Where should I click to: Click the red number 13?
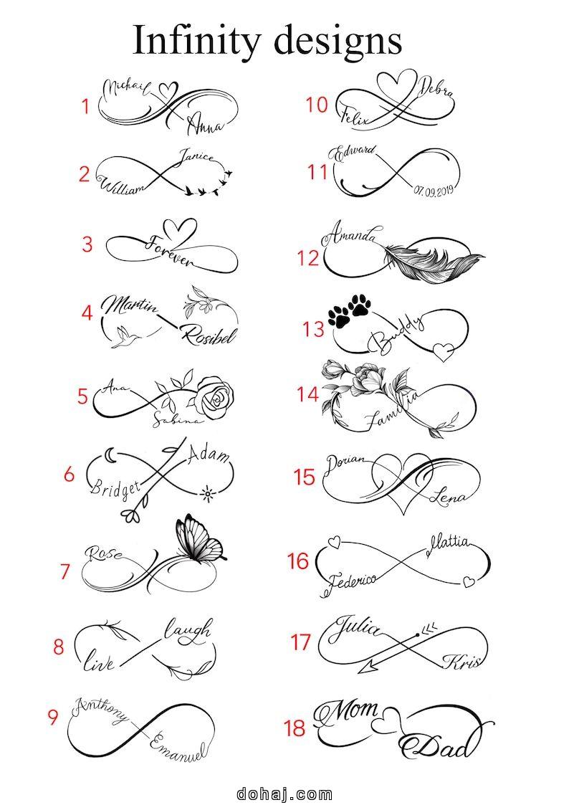(x=313, y=328)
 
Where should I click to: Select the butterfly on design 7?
(x=197, y=539)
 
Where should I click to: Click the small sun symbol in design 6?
(x=207, y=492)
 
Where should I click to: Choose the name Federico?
(x=352, y=581)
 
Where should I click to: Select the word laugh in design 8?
(x=188, y=631)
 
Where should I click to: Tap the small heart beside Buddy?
(x=445, y=350)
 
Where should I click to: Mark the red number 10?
(x=316, y=105)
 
